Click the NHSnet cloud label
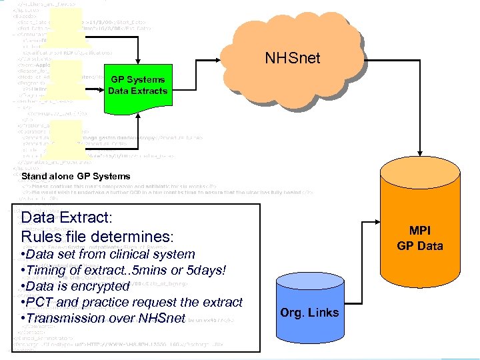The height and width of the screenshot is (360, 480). pos(292,58)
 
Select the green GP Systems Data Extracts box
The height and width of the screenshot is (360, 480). pos(137,85)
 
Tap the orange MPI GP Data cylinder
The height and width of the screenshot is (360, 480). pos(420,227)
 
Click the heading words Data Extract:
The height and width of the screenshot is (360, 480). pos(67,217)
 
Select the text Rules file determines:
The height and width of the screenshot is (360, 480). pos(97,236)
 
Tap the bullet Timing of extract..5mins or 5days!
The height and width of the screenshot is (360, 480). pos(124,270)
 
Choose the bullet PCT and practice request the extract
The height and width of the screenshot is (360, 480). pos(131,302)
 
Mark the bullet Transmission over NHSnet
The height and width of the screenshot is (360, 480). pos(103,318)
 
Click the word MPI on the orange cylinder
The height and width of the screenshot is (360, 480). pos(420,231)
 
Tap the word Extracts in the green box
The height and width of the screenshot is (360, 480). pos(150,91)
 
